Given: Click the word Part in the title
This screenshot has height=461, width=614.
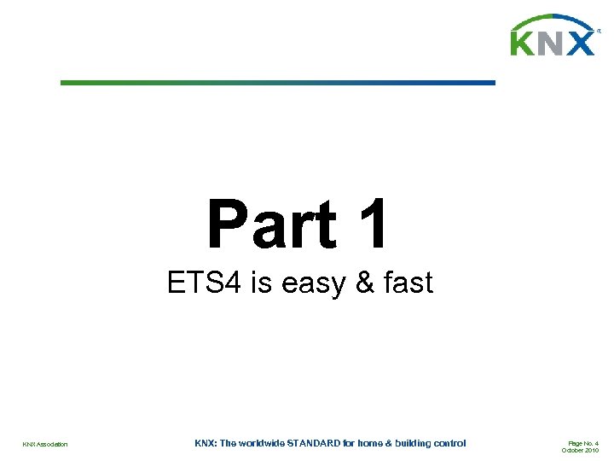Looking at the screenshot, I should pos(271,225).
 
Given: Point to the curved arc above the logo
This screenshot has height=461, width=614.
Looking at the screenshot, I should pos(552,20).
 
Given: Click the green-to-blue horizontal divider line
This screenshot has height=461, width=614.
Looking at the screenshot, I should pos(277,83).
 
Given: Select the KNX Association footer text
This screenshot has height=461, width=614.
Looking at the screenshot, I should pos(45,444).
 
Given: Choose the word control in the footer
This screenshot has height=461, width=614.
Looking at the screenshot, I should pos(449,443).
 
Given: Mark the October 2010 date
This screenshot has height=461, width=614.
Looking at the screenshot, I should pos(580,450).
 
